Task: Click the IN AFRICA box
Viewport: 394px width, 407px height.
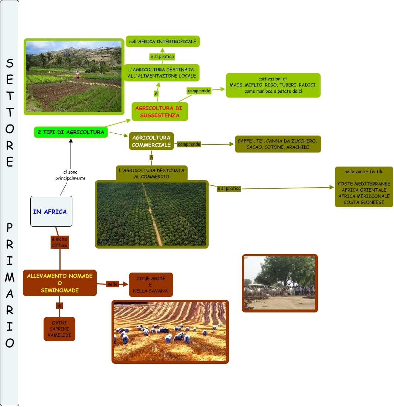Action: coord(51,211)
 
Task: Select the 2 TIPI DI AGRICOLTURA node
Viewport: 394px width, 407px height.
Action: coord(71,132)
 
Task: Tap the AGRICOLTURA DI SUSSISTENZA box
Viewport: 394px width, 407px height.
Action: coord(160,112)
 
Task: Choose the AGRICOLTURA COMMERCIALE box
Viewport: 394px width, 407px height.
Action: coord(151,141)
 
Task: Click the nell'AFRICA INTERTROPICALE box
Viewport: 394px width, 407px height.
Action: coord(163,41)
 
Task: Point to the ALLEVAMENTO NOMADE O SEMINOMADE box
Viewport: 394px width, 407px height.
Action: coord(60,283)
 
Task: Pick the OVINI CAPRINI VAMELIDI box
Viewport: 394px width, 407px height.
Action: coord(59,329)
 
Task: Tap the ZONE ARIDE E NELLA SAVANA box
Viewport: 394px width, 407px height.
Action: coord(151,284)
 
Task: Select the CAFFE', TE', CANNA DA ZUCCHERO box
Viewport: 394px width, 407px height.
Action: coord(278,144)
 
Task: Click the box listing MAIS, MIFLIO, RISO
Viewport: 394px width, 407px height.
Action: coord(273,85)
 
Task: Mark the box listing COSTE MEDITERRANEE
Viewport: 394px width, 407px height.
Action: coord(364,187)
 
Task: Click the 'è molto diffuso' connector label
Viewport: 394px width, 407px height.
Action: coord(59,242)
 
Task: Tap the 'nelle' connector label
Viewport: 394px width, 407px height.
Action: coord(112,284)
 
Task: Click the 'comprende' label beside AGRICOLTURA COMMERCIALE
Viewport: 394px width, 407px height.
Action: coord(189,144)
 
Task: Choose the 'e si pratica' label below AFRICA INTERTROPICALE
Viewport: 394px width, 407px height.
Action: coord(162,57)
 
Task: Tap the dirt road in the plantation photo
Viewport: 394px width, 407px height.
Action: coord(153,218)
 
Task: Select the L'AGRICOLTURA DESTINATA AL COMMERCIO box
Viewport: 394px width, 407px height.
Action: coord(151,174)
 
